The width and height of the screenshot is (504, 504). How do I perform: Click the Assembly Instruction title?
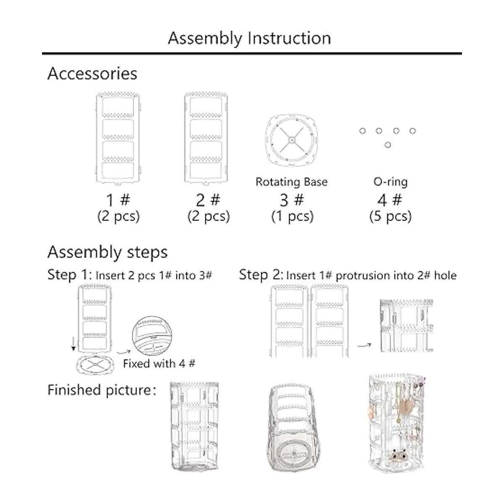tap(249, 39)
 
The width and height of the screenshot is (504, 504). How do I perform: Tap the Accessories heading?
tap(92, 73)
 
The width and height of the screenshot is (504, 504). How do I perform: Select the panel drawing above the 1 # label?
tap(118, 138)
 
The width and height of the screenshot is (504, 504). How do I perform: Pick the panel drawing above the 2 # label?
tap(206, 138)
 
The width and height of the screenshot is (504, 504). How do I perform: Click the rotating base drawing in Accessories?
tap(291, 140)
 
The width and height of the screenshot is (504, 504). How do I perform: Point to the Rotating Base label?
tap(291, 182)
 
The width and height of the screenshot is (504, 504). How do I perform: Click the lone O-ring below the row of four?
tap(388, 144)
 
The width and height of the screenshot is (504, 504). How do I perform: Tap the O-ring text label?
tap(390, 182)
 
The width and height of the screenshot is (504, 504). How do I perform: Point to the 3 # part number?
tap(292, 200)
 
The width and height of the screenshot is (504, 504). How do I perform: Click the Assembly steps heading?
tap(108, 252)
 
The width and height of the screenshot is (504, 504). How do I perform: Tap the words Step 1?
tap(70, 275)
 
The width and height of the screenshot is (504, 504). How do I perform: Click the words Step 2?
tap(261, 275)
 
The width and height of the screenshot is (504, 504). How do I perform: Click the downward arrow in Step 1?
tap(73, 344)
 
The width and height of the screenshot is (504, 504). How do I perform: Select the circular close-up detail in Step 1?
tap(152, 336)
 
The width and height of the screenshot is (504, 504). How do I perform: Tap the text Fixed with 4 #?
tap(159, 364)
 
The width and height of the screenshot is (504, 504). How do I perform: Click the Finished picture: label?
tap(102, 390)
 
